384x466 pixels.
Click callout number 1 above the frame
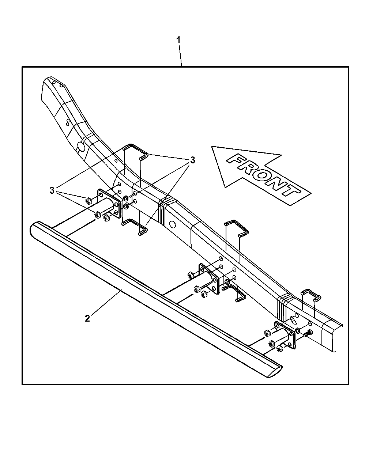pos(178,40)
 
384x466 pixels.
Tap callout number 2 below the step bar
pos(87,318)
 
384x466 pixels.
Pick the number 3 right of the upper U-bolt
pos(192,160)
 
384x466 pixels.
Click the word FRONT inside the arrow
pos(261,175)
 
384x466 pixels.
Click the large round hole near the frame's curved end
pos(81,147)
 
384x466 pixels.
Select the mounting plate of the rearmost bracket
pos(108,204)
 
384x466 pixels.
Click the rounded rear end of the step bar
pos(34,230)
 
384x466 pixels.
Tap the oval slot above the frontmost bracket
pos(294,320)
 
